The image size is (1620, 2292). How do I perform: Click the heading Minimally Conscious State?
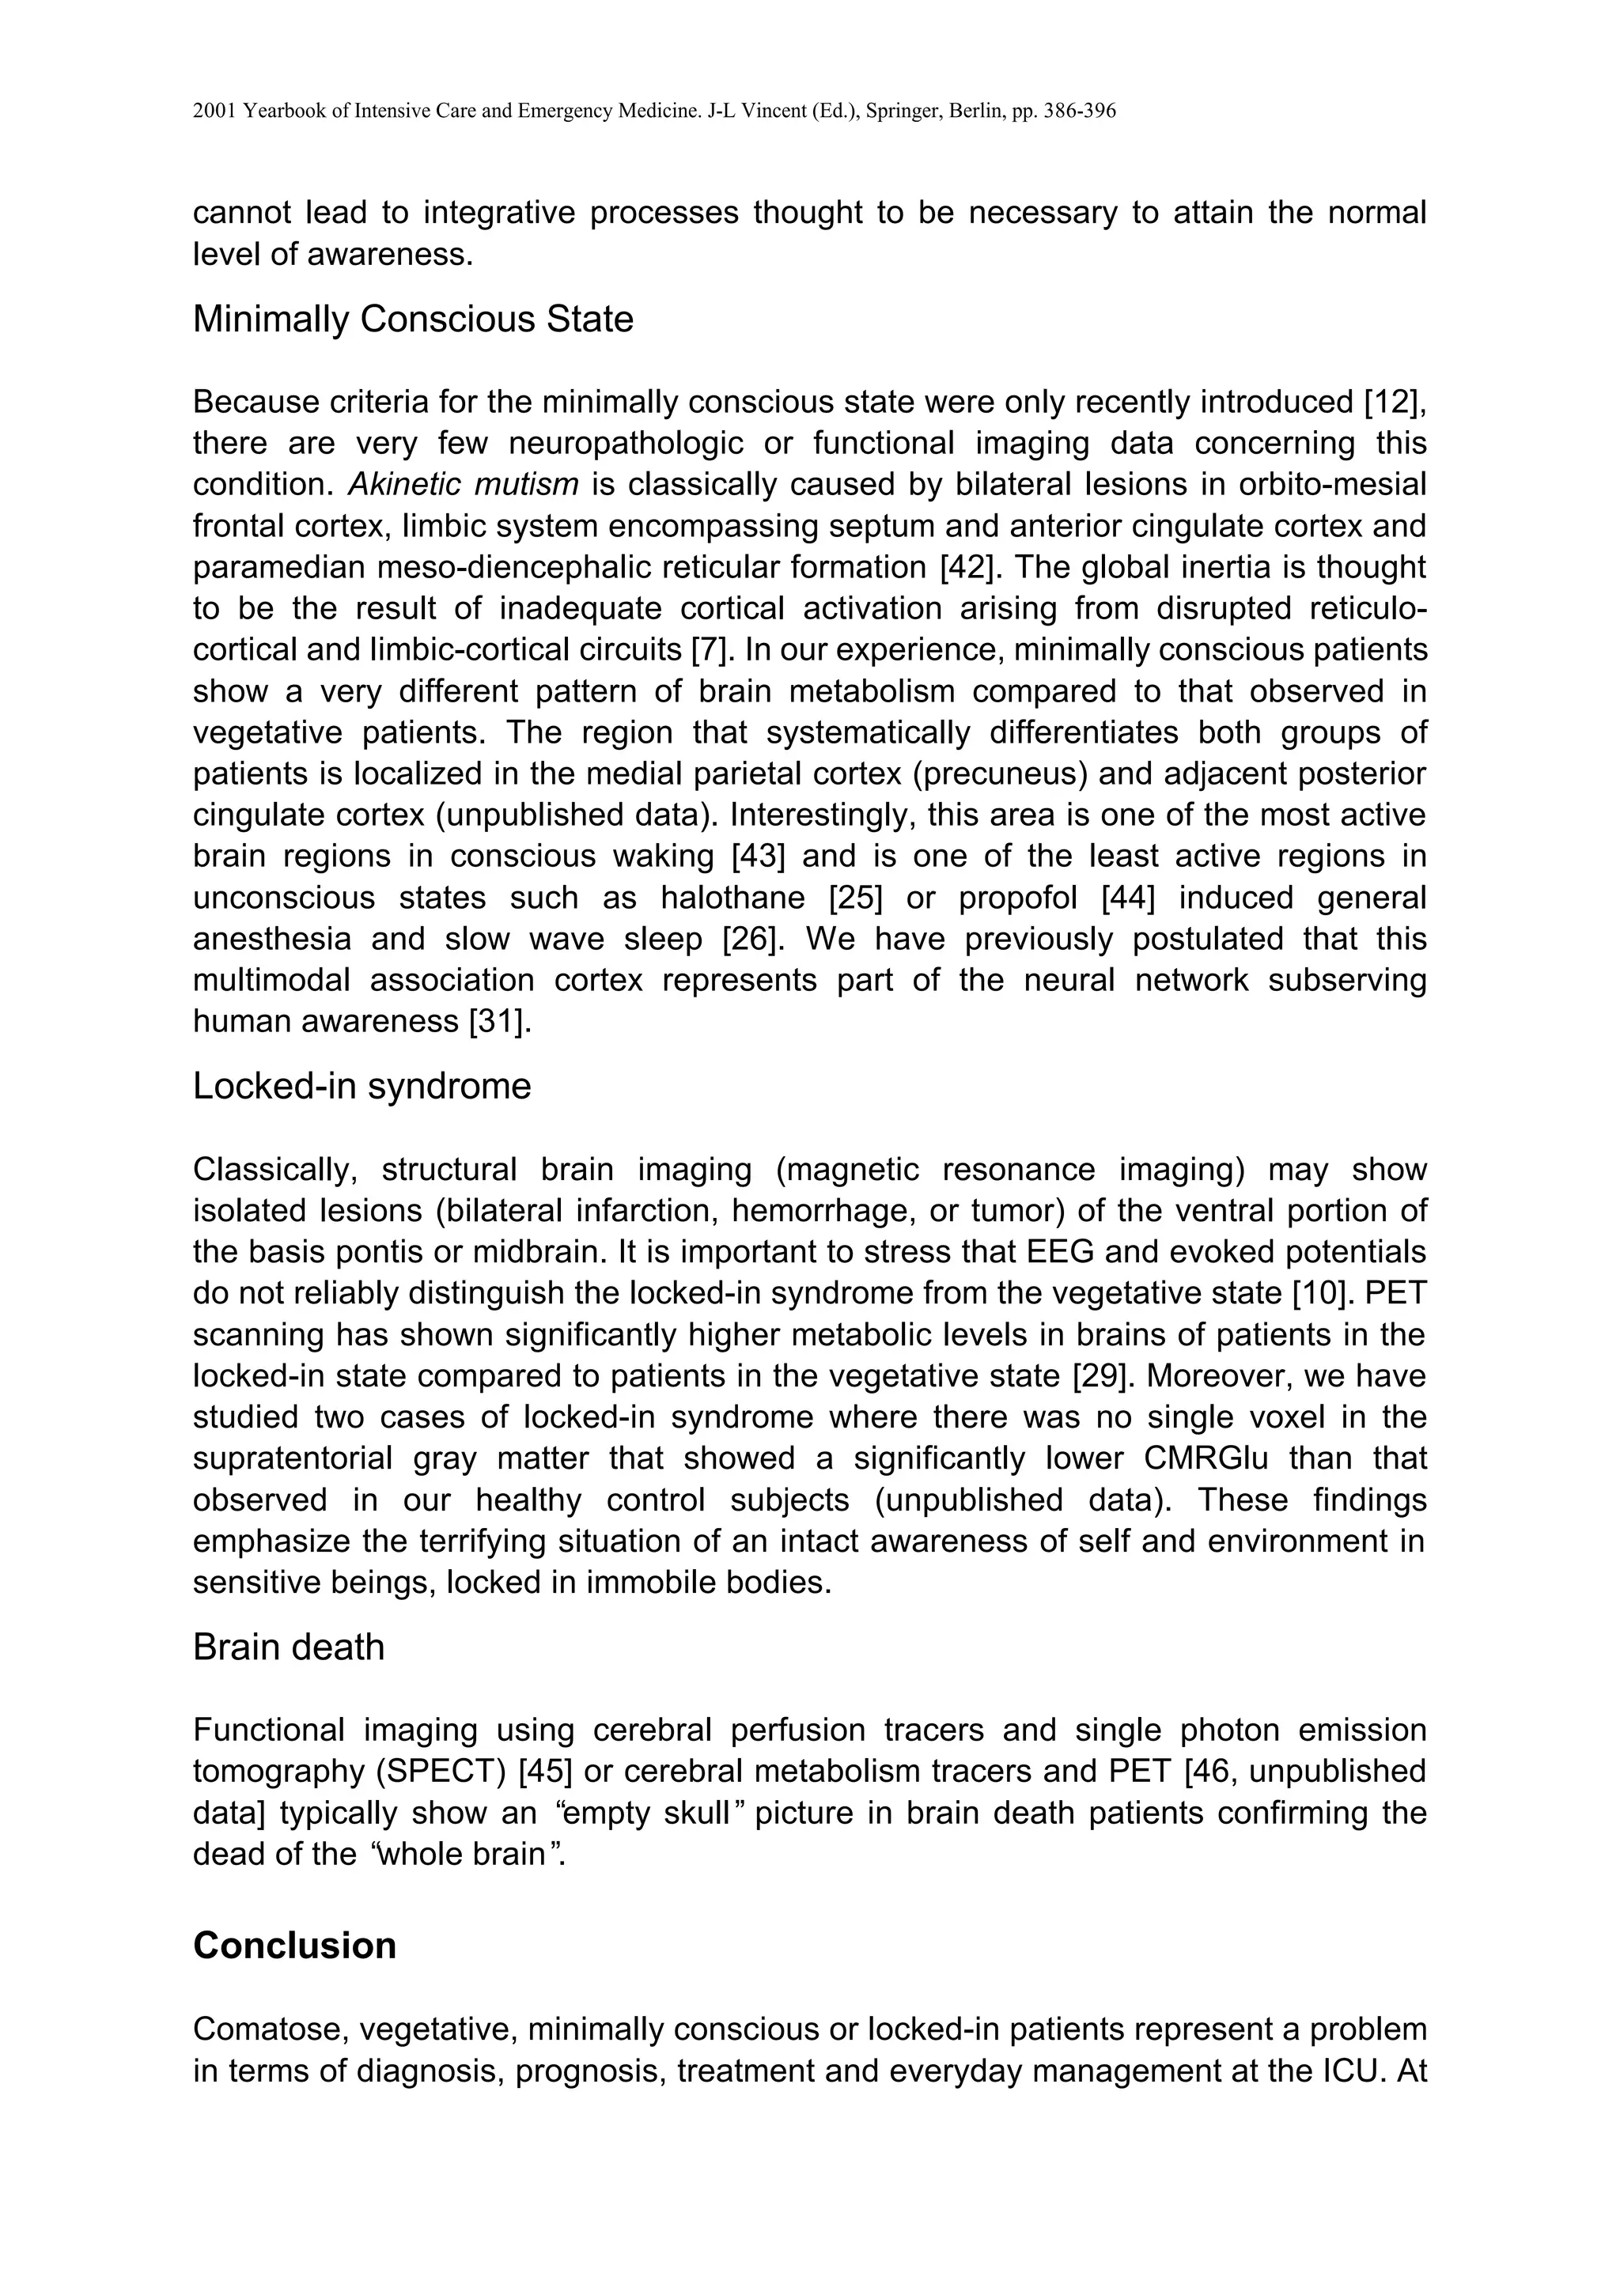[x=412, y=320]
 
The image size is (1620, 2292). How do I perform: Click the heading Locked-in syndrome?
[x=361, y=1086]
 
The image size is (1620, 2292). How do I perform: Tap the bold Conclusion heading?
[x=294, y=1946]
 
